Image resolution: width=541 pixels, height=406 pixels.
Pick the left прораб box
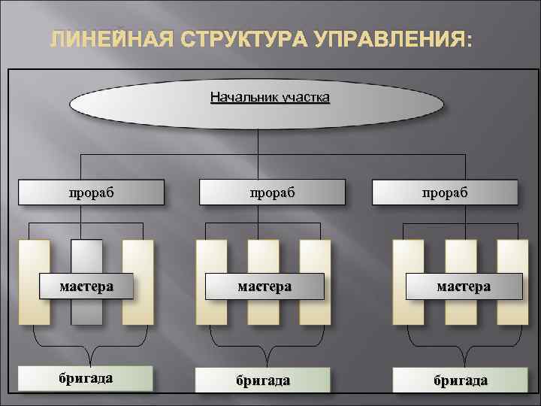91,192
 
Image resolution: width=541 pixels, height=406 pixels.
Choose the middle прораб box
272,192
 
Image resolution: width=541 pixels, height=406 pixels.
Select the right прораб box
445,192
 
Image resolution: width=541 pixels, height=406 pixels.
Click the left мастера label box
86,286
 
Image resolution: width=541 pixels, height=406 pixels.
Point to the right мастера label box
464,286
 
